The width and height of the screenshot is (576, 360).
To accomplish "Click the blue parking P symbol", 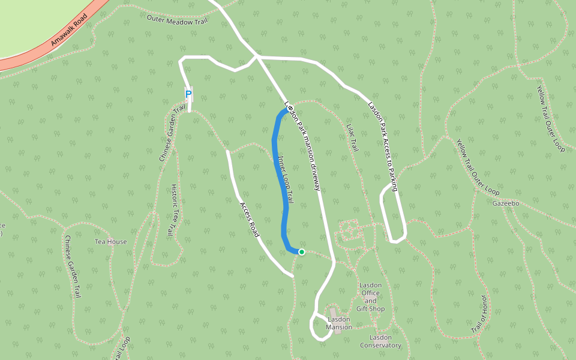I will point(188,94).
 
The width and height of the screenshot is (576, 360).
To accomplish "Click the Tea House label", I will point(111,242).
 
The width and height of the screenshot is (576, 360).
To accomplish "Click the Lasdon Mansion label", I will point(339,323).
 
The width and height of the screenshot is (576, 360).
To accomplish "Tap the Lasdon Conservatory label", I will point(380,341).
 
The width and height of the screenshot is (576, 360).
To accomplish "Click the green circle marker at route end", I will point(302,252).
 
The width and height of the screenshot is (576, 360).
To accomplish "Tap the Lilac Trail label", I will point(352,137).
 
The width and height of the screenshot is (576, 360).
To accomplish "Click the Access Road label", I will point(250,219).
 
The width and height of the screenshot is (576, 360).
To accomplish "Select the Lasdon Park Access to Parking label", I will point(383,146).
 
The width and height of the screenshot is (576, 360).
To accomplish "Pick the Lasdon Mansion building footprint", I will point(334,314).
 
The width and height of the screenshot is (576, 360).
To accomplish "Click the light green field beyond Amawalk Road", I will point(30,24).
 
